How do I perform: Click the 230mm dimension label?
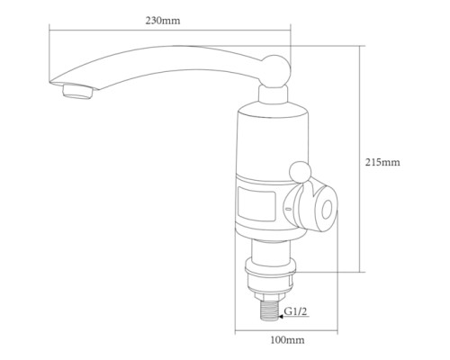163,21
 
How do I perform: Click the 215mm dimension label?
382,162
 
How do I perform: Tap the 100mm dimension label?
287,340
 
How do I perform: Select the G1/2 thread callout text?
296,311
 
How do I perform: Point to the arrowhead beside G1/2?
281,316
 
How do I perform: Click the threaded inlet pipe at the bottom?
270,310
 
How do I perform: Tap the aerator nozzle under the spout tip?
77,91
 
